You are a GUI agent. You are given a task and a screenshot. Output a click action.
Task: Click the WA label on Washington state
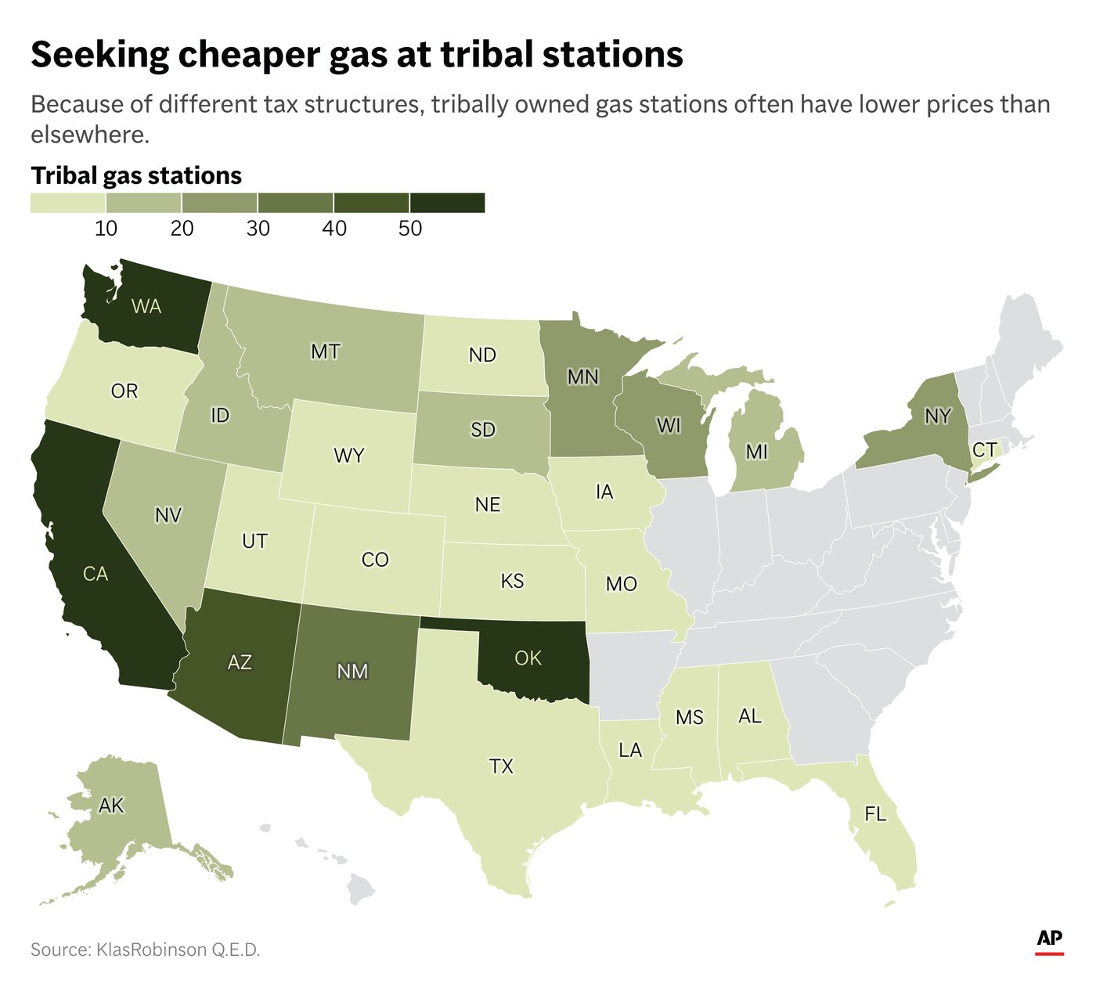[146, 306]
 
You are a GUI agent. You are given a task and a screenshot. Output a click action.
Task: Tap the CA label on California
[96, 575]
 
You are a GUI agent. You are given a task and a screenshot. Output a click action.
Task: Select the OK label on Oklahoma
[528, 658]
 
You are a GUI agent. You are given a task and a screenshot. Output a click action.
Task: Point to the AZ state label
[240, 662]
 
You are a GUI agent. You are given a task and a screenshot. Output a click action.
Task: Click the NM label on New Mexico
[352, 671]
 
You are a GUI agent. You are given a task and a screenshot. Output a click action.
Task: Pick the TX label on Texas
[501, 766]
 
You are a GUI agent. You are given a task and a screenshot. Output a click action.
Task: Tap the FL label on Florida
[875, 814]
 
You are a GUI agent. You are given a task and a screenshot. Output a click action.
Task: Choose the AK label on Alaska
[111, 806]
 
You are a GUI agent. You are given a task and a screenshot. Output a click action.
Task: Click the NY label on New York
[937, 416]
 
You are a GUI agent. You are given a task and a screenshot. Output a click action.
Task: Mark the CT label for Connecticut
[984, 450]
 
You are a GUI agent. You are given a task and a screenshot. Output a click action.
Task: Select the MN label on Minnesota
[582, 377]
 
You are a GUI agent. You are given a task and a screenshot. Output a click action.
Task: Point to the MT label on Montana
[325, 351]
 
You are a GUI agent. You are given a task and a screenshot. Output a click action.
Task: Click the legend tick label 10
[106, 229]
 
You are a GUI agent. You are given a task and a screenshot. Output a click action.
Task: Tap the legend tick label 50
[409, 229]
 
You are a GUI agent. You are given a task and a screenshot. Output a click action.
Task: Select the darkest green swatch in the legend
[447, 203]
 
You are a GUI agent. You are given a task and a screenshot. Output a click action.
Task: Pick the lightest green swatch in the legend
[68, 203]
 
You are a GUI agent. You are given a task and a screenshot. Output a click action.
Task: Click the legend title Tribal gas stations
[136, 175]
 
